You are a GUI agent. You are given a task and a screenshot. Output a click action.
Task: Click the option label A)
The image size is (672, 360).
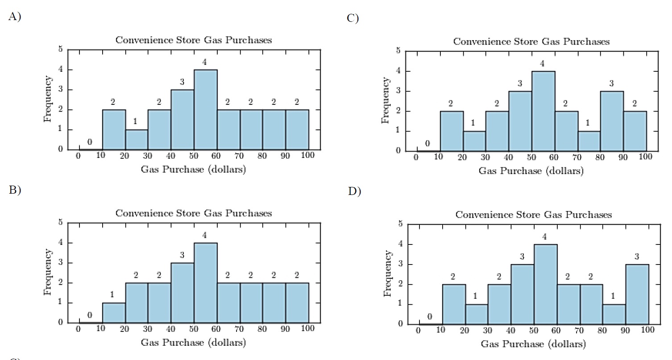point(15,17)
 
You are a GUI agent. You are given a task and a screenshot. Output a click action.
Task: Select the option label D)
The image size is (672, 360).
point(354,192)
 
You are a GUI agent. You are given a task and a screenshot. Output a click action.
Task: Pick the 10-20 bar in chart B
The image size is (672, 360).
point(114,313)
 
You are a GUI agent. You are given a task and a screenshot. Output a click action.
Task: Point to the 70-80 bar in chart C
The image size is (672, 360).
point(589,141)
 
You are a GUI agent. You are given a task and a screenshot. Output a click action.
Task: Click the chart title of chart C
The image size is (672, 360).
point(531,41)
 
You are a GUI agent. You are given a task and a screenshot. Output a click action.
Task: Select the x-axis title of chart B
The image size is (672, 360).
point(193,343)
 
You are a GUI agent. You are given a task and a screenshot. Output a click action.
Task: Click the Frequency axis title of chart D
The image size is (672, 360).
point(388,273)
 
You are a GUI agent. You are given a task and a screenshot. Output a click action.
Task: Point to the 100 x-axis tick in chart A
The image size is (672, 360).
point(308,155)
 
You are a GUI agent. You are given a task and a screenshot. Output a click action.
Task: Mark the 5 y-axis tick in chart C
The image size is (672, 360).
point(398,51)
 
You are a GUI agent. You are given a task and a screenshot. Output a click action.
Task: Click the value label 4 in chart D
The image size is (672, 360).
point(545,236)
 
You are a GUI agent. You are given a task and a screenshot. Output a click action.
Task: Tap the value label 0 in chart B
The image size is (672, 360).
point(90,315)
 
